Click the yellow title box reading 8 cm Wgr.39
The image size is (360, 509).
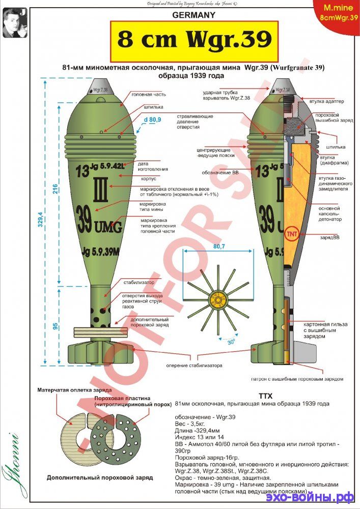point(193,40)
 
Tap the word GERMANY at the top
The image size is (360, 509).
point(193,15)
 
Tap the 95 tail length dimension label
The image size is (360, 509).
point(54,327)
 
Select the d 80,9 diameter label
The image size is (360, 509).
point(153,120)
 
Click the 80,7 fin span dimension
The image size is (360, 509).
point(219,245)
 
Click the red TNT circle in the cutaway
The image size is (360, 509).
point(292,235)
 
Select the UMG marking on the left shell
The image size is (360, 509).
point(107,228)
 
